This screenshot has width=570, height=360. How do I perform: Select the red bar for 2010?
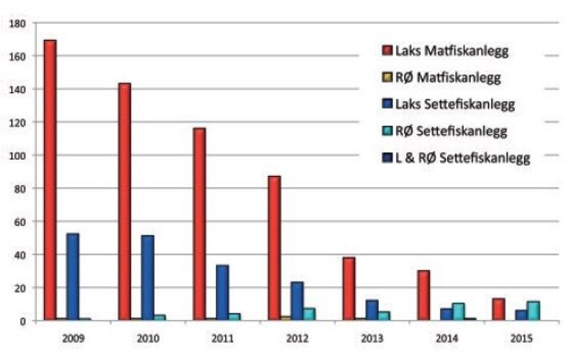124,202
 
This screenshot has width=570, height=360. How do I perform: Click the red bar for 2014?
423,295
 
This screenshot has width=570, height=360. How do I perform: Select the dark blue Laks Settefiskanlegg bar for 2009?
72,277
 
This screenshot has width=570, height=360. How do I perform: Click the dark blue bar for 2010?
147,278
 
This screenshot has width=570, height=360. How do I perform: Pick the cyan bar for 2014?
458,312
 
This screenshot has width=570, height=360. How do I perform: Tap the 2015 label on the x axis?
522,340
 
